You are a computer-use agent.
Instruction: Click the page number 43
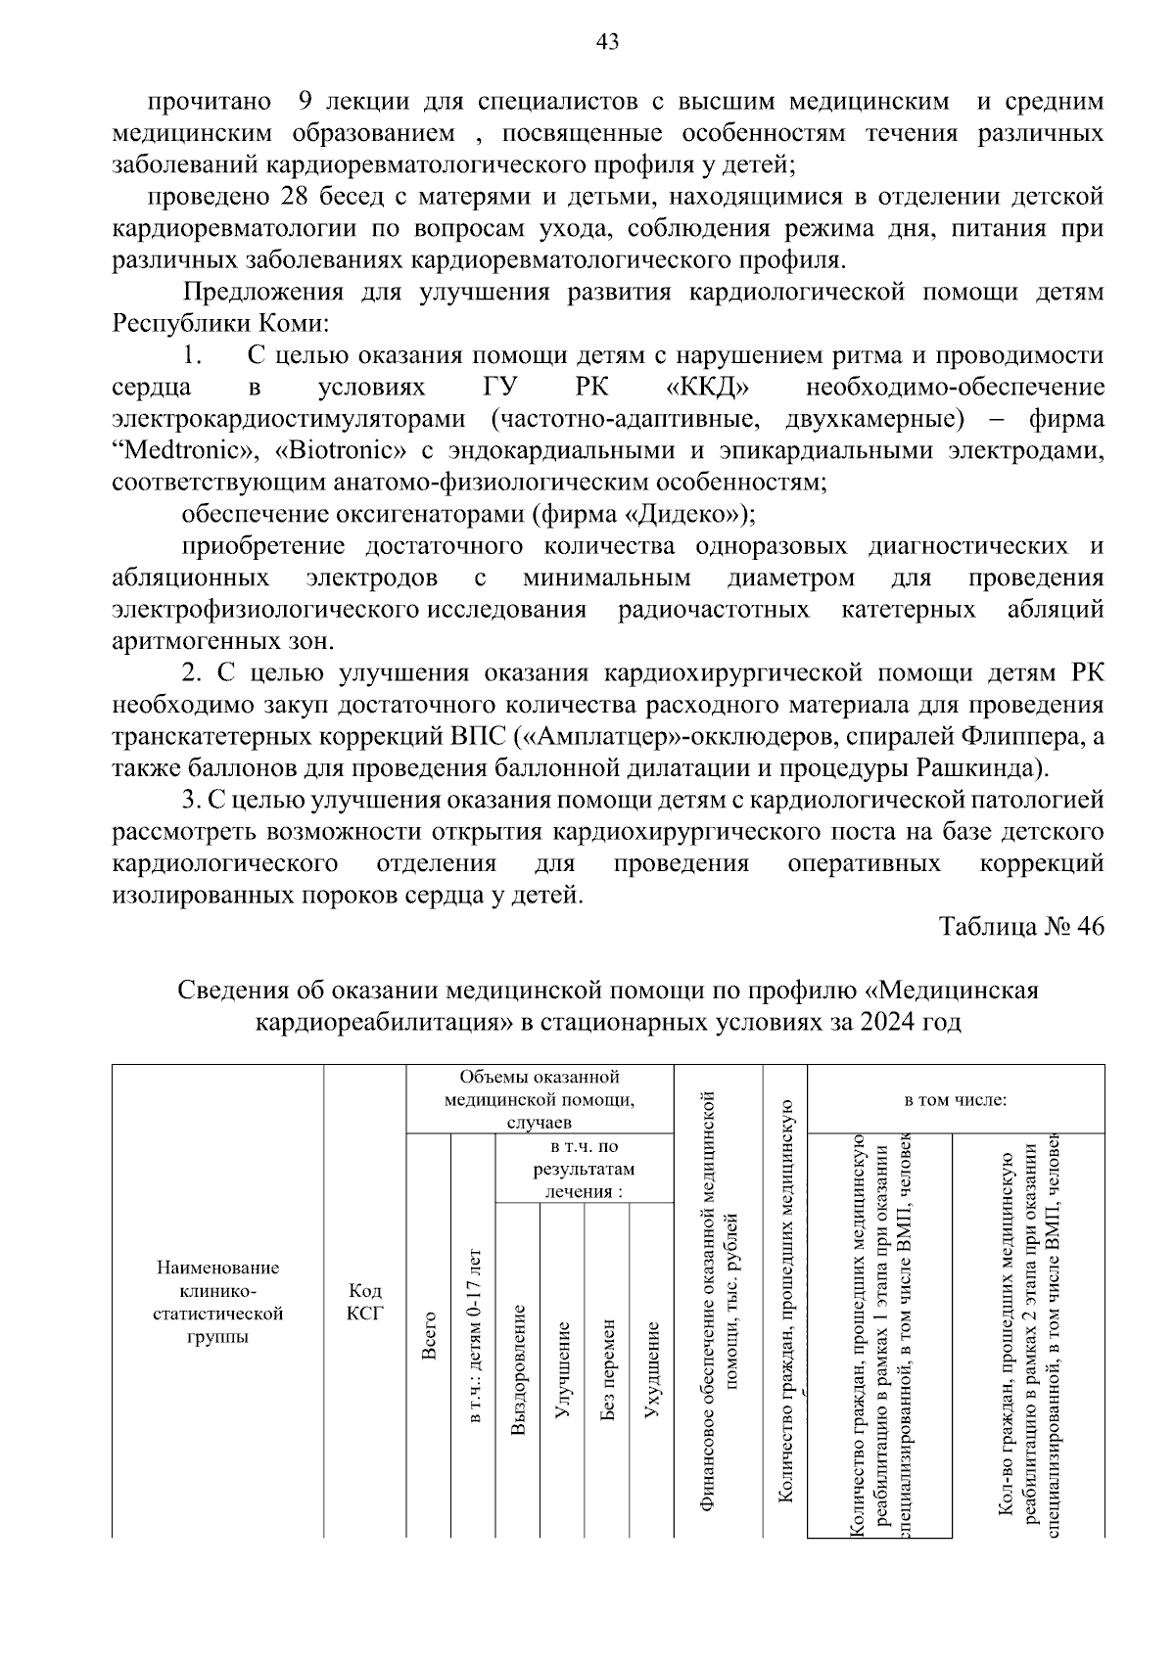[607, 41]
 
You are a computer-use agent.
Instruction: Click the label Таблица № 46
[1021, 927]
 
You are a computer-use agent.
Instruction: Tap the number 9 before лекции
[305, 101]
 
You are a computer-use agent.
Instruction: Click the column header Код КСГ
[365, 1302]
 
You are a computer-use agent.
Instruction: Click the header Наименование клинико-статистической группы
[218, 1302]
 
